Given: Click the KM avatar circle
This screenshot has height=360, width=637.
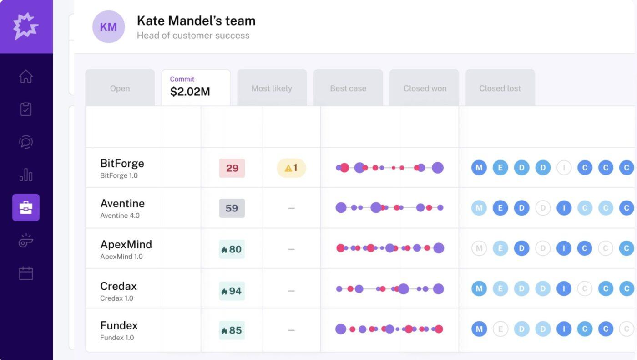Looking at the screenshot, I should tap(108, 27).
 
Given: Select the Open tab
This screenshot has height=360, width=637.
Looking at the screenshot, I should tap(120, 88).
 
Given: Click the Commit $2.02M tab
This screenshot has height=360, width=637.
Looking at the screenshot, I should tap(196, 87).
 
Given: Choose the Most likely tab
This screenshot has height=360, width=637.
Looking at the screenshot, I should tap(272, 88).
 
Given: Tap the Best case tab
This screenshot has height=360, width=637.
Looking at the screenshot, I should tap(348, 88).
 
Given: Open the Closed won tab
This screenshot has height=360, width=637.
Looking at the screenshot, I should tap(425, 88).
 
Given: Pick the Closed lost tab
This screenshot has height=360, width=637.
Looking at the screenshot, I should tap(500, 88).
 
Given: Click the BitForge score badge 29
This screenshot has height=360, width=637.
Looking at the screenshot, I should tap(232, 168).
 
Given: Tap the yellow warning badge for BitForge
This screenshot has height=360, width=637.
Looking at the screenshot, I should tap(291, 168).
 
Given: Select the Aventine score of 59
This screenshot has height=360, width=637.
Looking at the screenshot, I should tap(232, 208).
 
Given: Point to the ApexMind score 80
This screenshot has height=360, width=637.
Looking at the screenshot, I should tap(232, 249).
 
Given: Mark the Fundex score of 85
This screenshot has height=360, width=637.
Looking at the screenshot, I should tap(232, 330).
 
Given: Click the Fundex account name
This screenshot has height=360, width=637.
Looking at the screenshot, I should tap(119, 326).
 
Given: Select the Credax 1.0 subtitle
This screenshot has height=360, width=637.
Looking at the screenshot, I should tap(116, 298).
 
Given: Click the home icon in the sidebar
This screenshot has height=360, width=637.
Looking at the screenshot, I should tap(26, 76).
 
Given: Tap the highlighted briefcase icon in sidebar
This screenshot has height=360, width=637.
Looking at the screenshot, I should tap(26, 207).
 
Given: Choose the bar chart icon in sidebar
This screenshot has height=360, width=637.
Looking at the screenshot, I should tap(26, 175).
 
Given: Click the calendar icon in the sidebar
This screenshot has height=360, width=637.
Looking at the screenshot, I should tap(26, 273).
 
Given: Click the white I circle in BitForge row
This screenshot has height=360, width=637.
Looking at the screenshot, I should tap(564, 168).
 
